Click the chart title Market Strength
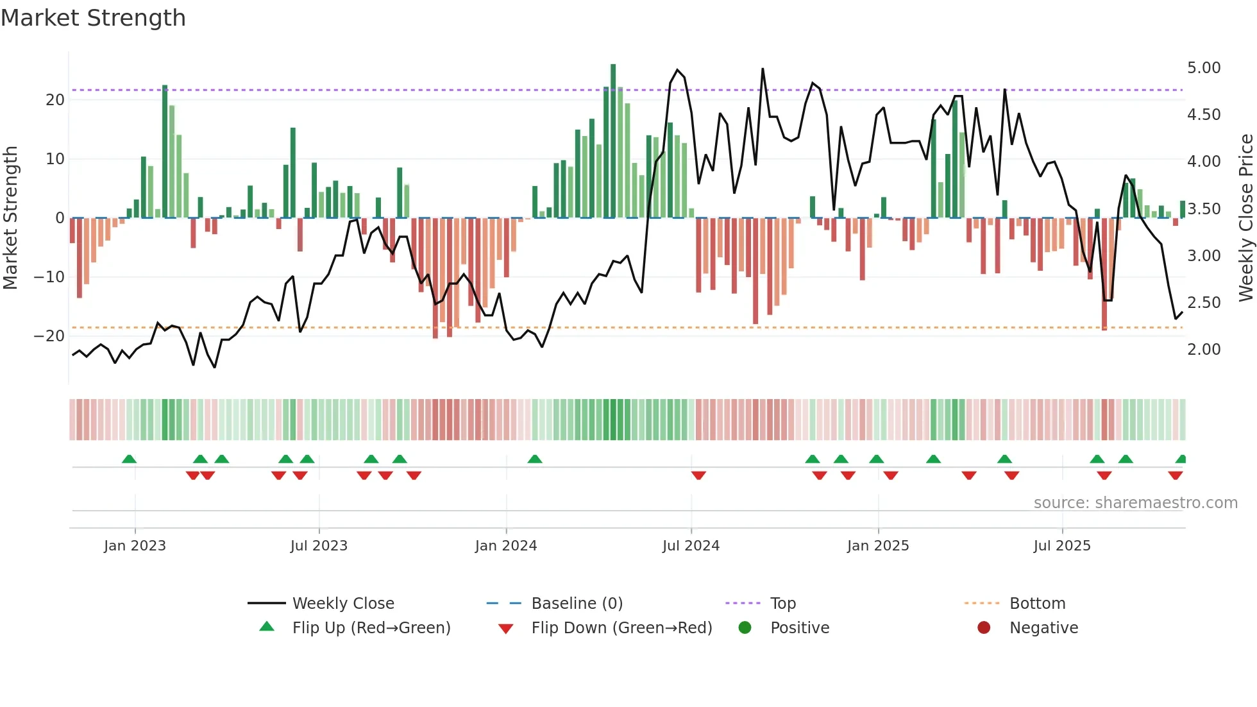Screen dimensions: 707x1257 pyautogui.click(x=93, y=18)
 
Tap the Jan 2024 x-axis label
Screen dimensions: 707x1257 pyautogui.click(x=505, y=546)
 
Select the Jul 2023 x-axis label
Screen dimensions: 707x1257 pyautogui.click(x=319, y=546)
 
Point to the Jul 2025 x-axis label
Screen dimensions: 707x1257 pyautogui.click(x=1061, y=546)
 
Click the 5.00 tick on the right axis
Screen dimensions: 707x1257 pyautogui.click(x=1204, y=68)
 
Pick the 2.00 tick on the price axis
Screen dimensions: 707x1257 pyautogui.click(x=1204, y=350)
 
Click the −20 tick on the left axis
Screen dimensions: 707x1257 pyautogui.click(x=49, y=336)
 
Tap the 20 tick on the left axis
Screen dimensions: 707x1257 pyautogui.click(x=55, y=100)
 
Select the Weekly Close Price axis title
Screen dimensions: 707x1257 pyautogui.click(x=1245, y=218)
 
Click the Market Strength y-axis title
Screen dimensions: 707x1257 pyautogui.click(x=11, y=218)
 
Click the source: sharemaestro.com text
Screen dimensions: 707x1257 pyautogui.click(x=1135, y=503)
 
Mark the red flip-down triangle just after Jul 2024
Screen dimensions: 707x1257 pyautogui.click(x=698, y=475)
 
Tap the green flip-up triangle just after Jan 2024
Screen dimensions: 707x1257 pyautogui.click(x=535, y=459)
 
